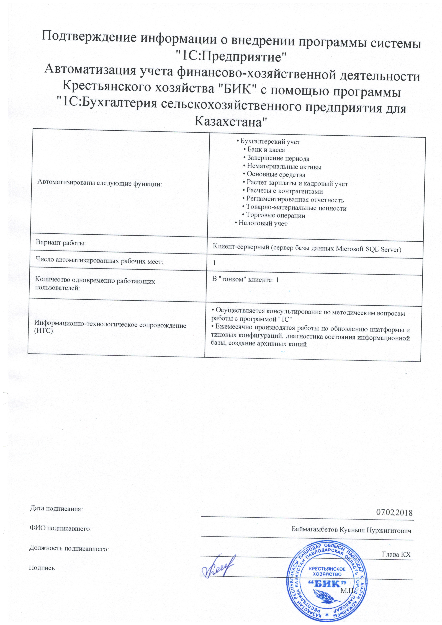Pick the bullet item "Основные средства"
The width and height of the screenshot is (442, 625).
[x=276, y=175]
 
